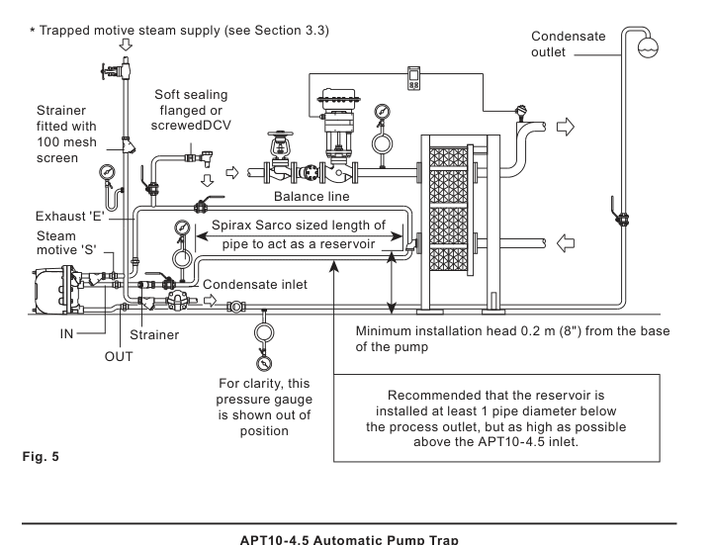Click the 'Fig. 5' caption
click(41, 456)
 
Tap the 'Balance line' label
click(312, 197)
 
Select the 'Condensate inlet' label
click(255, 284)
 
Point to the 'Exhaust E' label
click(70, 216)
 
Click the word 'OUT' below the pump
click(119, 356)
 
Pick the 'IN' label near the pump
click(66, 334)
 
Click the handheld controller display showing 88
click(413, 78)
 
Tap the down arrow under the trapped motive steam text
click(126, 45)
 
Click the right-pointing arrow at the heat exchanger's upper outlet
click(566, 127)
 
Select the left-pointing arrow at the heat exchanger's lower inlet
click(566, 243)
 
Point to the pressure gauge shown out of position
click(264, 363)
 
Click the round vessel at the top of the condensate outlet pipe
click(648, 47)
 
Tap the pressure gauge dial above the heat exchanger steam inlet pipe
click(383, 112)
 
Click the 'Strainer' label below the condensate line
click(154, 335)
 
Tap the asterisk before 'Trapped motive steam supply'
click(33, 31)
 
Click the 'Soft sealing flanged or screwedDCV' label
click(191, 110)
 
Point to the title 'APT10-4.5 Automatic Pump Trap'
click(349, 540)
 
